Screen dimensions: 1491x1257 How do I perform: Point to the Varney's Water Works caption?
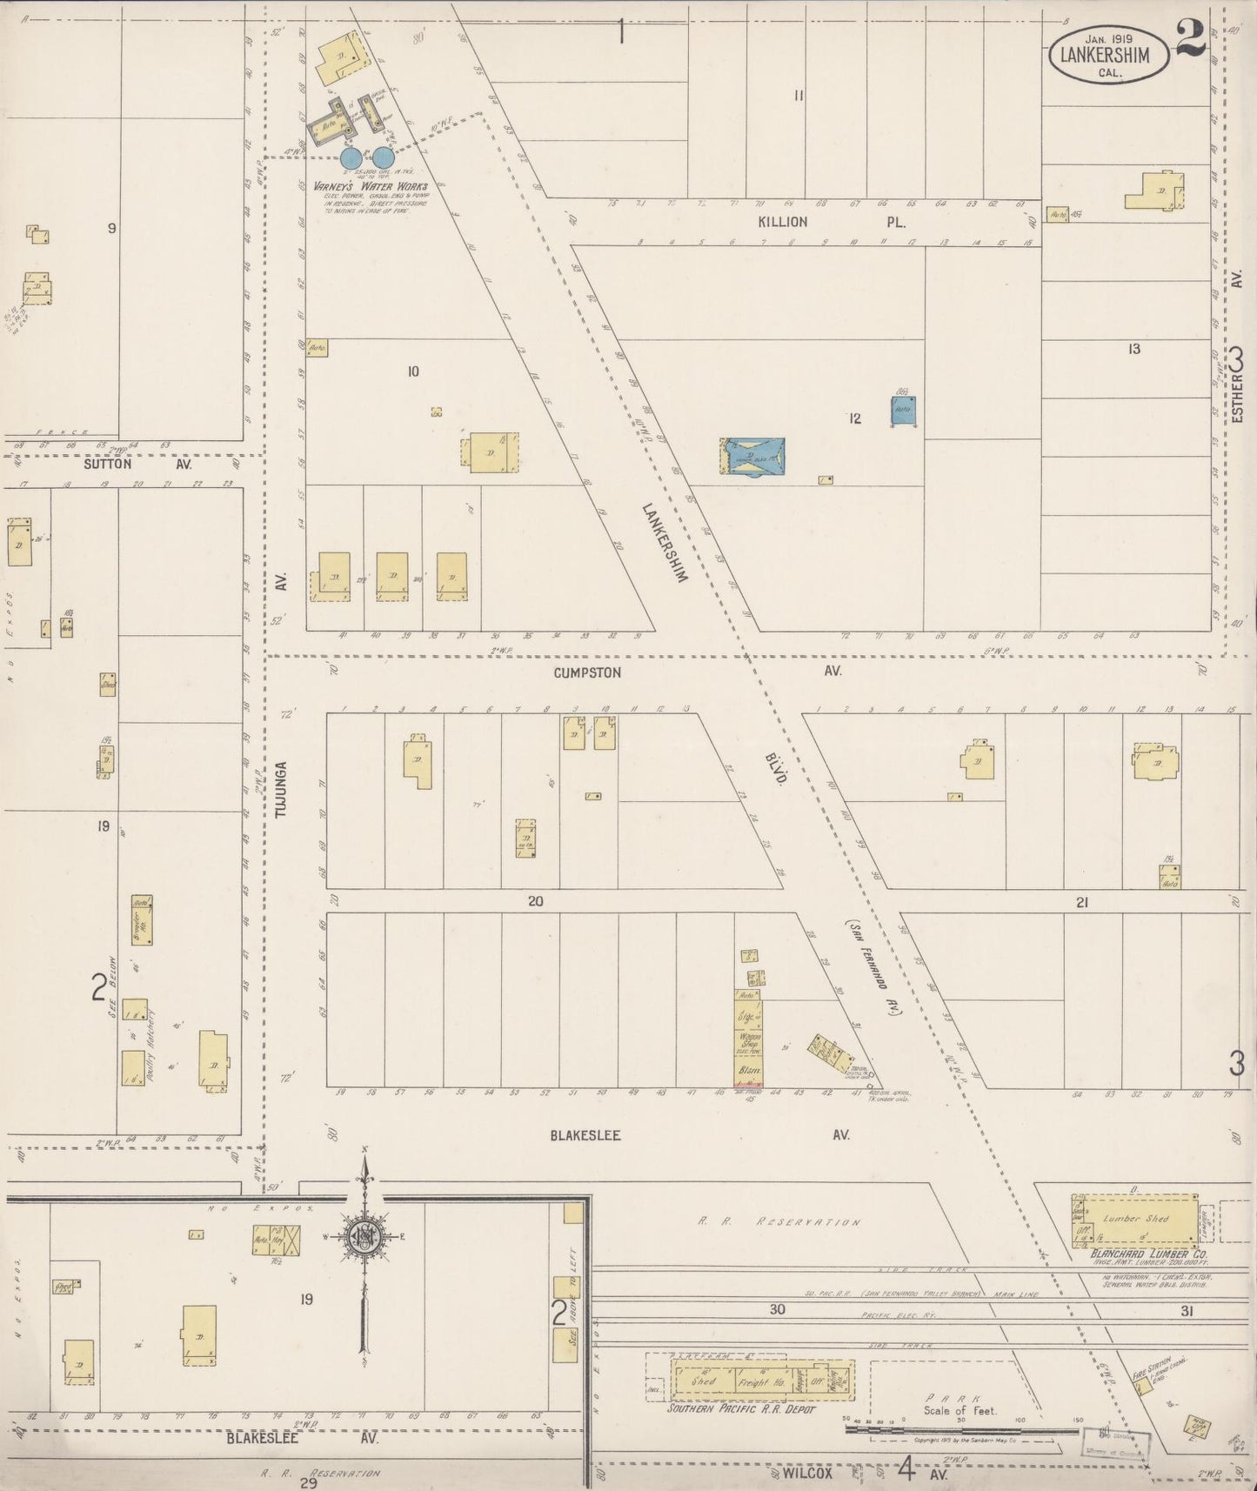(371, 186)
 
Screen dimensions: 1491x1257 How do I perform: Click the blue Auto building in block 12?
(903, 411)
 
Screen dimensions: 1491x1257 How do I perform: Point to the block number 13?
(1133, 350)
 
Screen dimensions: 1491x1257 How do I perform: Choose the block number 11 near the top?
(798, 96)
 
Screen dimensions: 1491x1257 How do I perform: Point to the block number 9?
(112, 228)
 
